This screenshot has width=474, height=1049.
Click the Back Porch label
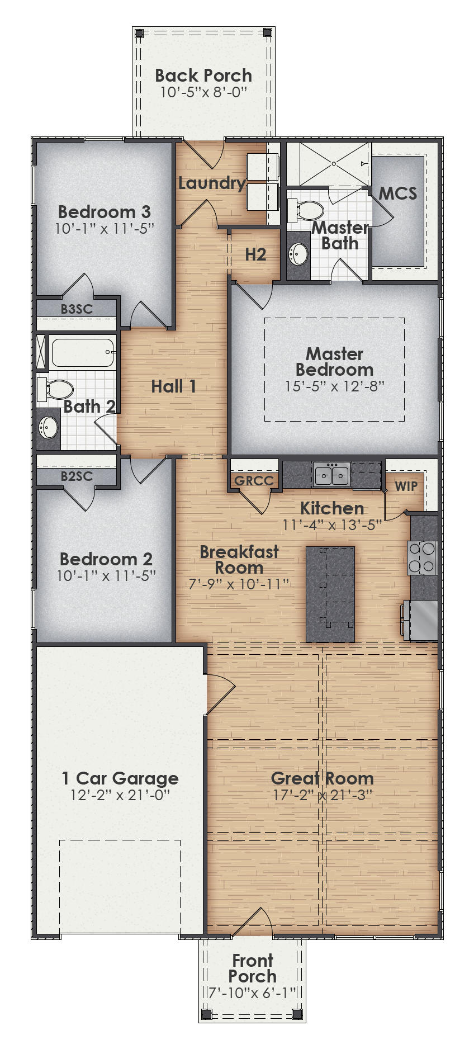203,75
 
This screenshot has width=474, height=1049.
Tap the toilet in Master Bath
307,211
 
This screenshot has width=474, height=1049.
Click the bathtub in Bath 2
83,352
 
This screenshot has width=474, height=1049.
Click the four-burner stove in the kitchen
422,557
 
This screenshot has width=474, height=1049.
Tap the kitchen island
330,594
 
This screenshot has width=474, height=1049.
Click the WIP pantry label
406,486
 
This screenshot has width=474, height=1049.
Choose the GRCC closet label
254,481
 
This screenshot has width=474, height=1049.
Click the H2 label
255,254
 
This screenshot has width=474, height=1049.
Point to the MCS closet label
397,193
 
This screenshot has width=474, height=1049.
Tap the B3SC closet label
77,308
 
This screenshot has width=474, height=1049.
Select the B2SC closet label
77,476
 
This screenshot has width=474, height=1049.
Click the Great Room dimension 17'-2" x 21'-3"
323,795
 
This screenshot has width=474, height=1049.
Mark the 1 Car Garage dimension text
120,795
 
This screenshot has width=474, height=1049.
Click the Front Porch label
252,968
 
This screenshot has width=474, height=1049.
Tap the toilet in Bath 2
56,389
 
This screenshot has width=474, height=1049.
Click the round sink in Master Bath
298,254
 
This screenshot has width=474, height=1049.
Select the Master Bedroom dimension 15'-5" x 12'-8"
334,386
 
